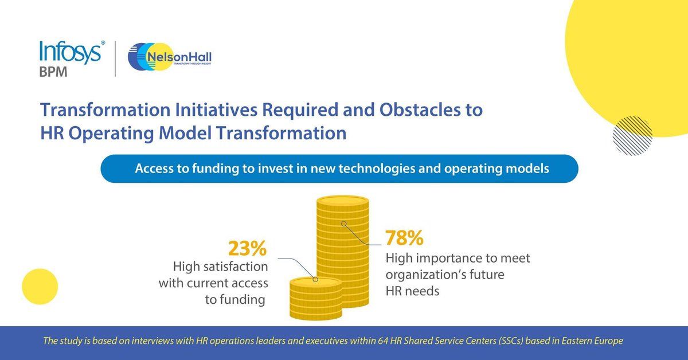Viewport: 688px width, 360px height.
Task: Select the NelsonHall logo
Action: tap(170, 59)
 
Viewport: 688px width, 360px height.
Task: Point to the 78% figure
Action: tap(404, 237)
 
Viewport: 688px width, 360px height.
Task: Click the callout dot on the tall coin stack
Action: tap(343, 223)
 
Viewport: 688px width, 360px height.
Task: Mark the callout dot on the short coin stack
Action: tap(314, 280)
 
